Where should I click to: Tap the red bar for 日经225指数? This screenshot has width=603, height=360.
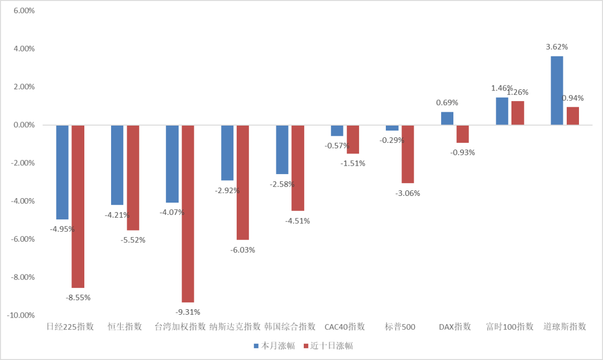78,206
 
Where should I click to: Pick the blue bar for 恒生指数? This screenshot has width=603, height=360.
117,165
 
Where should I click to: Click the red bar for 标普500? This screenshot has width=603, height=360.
408,154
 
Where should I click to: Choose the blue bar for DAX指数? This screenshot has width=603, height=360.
447,118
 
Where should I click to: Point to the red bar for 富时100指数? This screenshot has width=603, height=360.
518,113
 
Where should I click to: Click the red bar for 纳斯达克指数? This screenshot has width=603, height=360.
243,182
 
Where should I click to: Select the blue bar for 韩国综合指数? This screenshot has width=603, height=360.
283,150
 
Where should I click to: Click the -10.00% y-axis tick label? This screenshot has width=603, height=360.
20,315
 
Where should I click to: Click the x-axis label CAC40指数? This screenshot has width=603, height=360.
344,327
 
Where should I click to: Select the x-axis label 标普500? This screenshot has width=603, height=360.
400,327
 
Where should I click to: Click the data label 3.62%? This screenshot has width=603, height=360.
557,47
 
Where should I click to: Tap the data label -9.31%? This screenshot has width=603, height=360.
188,311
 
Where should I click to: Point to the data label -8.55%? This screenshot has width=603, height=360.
78,297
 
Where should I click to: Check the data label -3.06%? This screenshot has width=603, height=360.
408,193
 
